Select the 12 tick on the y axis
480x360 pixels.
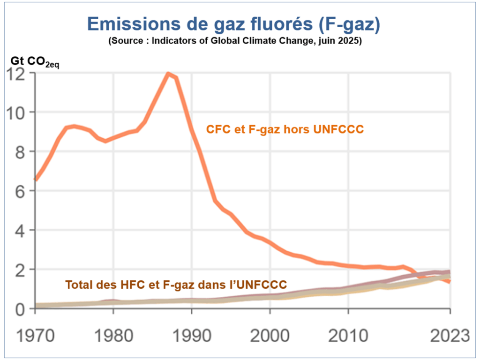pos(18,74)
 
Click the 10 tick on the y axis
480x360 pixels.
pos(18,112)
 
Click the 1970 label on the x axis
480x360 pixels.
pos(35,336)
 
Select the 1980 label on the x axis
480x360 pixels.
pos(113,336)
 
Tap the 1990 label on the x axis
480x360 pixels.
pos(191,336)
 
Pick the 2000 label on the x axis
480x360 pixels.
pos(270,336)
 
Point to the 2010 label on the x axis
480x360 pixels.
pos(348,336)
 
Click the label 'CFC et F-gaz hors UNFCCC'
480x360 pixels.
pos(285,129)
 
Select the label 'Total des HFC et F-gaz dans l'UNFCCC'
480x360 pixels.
pos(176,284)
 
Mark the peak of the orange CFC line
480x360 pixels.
pos(168,74)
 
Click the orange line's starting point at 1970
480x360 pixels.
pos(36,179)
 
